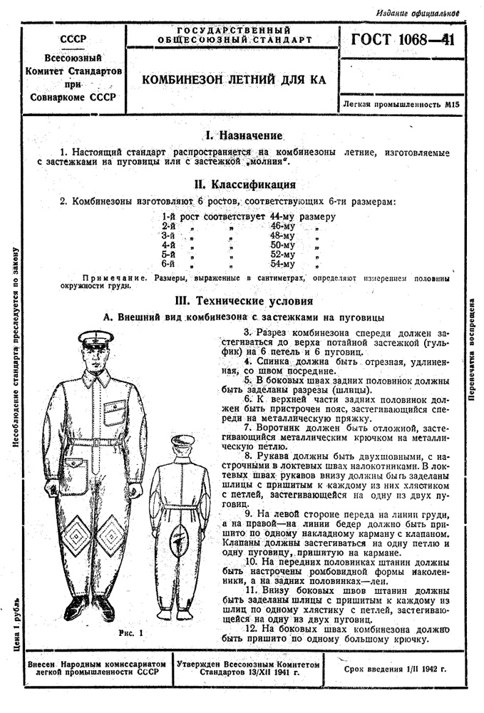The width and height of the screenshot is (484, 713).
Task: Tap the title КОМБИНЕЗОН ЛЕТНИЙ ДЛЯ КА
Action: [234, 80]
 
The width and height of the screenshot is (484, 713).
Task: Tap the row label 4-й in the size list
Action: [169, 245]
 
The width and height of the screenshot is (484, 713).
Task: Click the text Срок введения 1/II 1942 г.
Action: [394, 670]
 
